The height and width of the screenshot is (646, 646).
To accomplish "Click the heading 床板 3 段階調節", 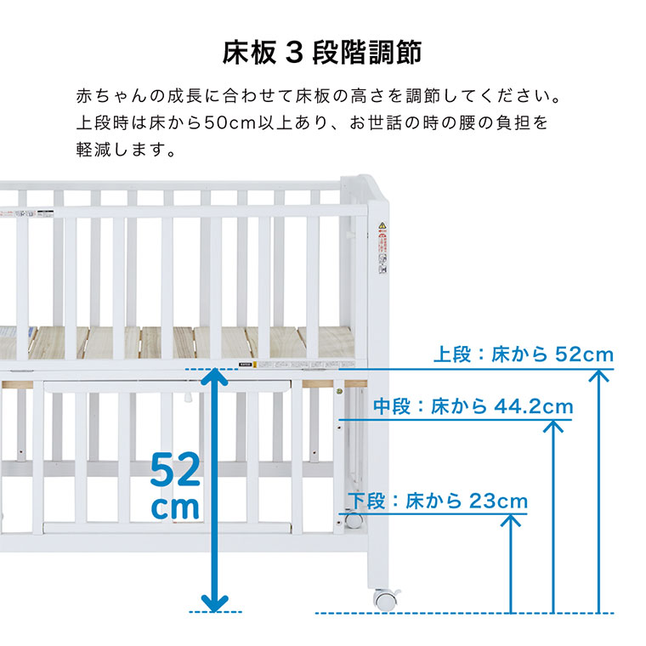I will [322, 52].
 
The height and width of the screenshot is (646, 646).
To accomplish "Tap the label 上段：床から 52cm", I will [523, 354].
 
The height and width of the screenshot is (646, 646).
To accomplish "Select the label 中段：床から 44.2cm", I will [473, 406].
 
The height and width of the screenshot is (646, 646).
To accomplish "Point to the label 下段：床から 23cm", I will [437, 501].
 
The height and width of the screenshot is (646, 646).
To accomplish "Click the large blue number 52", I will [176, 469].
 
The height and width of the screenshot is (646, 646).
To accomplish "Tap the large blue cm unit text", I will [176, 507].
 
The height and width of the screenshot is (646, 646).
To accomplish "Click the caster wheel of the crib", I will [384, 598].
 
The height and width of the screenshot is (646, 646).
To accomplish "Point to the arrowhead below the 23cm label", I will [511, 519].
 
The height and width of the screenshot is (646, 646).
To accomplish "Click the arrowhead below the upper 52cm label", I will [600, 374].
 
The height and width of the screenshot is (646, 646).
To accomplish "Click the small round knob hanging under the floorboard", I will [186, 398].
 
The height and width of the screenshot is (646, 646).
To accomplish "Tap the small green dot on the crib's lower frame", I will [340, 392].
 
